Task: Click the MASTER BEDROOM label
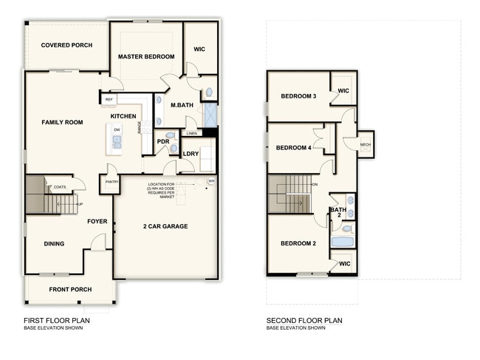coord(146,57)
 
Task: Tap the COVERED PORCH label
coord(66,45)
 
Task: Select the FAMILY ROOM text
coord(62,122)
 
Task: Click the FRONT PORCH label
coord(70,289)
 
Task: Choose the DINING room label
coord(53,244)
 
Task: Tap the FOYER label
coord(97,221)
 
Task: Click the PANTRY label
coord(112,182)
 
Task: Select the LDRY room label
coord(191,154)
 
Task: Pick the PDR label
coord(163,142)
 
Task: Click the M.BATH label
coord(182,105)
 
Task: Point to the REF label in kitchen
coord(109,99)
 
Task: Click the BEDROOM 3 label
coord(298,96)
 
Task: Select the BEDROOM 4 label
coord(293,148)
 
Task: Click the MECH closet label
coord(365,144)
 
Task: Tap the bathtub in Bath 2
coord(343,241)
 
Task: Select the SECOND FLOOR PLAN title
coord(304,321)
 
